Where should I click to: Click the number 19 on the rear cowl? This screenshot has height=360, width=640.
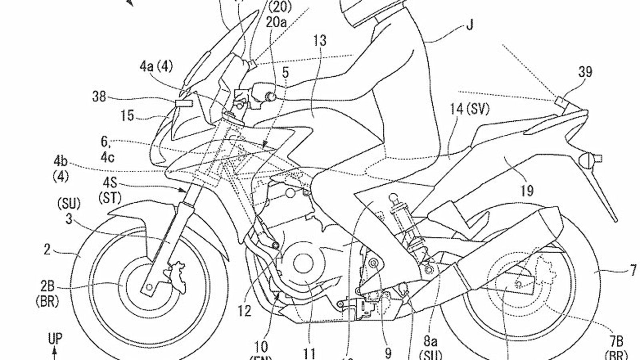pos(527,190)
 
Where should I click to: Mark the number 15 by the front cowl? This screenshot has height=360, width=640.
pos(128,117)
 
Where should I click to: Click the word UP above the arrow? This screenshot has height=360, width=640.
pos(55,339)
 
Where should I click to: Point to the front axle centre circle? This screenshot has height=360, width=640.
pos(150,286)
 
